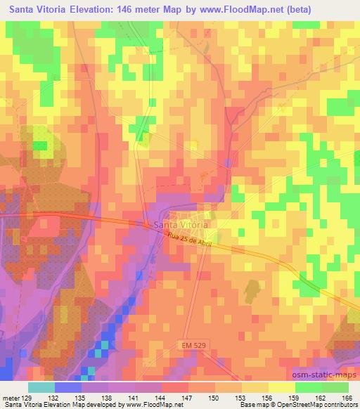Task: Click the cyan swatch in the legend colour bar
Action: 41,387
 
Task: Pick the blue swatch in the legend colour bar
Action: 68,387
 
